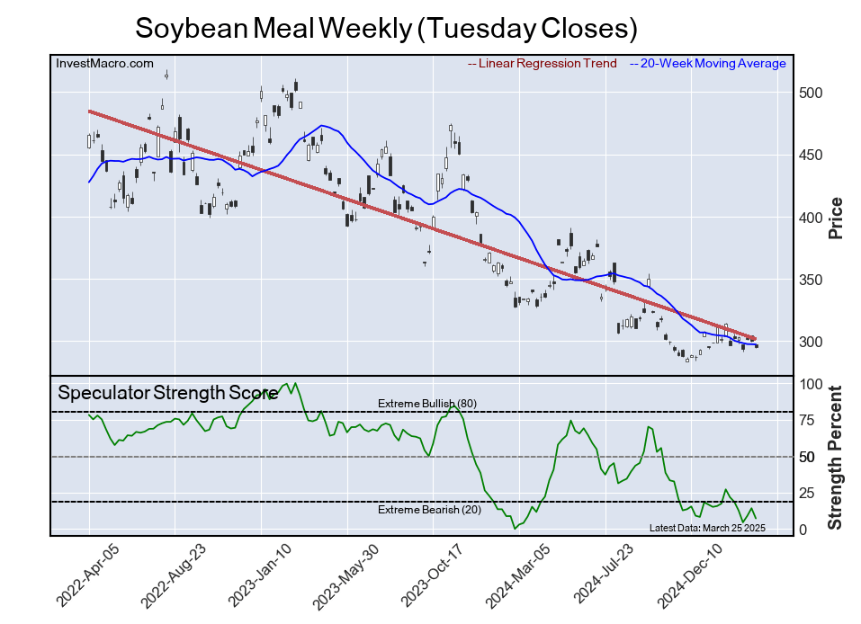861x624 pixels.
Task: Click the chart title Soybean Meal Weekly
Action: pos(386,28)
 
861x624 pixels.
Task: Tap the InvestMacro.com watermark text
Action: pos(104,64)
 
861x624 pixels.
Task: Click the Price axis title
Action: pos(835,218)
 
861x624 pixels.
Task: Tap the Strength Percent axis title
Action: pos(835,457)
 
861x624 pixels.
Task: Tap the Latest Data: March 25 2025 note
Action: pos(706,528)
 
